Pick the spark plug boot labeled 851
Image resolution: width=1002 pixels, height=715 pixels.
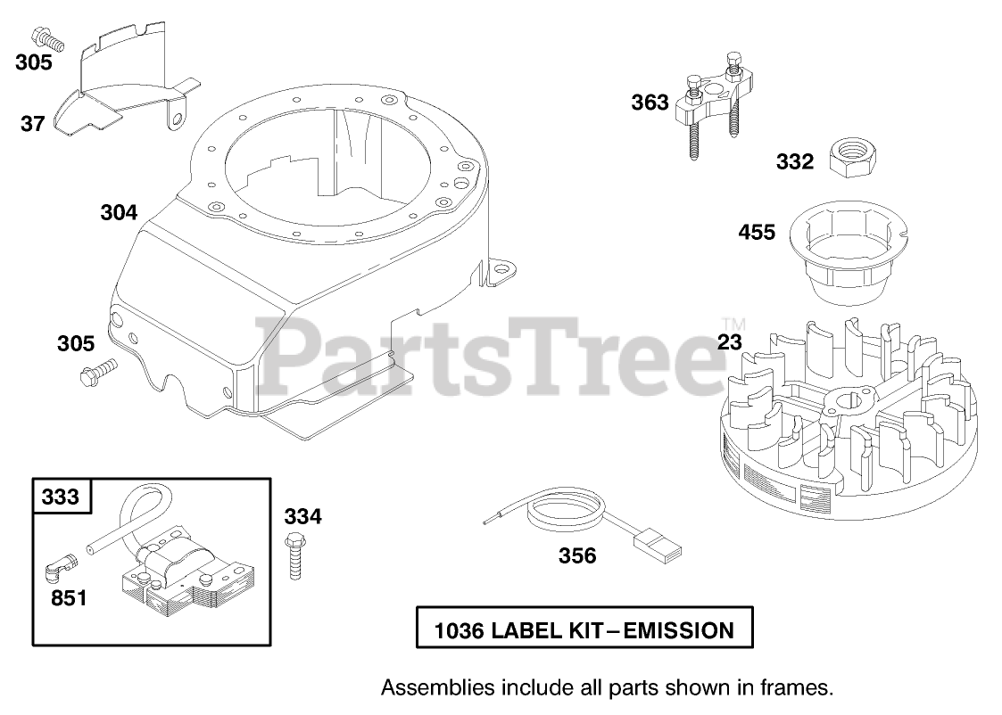61,563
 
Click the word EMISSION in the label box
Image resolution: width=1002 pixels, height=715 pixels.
678,631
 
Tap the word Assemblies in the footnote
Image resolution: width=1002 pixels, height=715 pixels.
427,687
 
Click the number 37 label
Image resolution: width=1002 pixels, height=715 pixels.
32,124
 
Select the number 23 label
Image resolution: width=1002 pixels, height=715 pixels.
730,341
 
